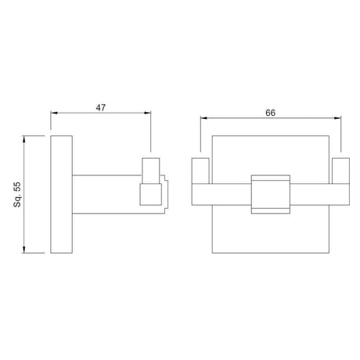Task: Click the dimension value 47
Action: pos(101,107)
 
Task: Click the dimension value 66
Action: pos(270,113)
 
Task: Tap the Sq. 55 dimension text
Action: pos(17,195)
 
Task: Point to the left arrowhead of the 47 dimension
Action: pos(54,113)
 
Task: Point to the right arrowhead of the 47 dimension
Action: pos(148,113)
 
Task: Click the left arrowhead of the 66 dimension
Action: pos(203,118)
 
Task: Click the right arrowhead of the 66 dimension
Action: pos(338,118)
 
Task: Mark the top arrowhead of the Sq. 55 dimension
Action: pos(24,139)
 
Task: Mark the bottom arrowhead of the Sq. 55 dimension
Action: pos(24,250)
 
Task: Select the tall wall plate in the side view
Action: pos(61,194)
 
